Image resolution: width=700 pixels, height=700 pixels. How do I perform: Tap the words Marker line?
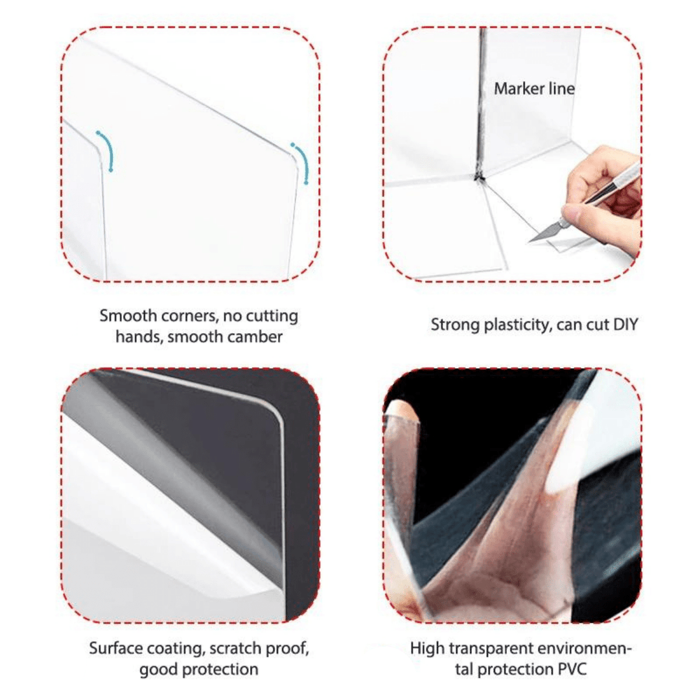point(534,88)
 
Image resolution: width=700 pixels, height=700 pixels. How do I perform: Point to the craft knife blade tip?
point(530,242)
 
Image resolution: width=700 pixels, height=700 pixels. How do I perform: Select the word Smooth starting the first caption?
point(128,316)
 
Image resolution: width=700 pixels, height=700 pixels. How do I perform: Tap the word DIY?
point(625,325)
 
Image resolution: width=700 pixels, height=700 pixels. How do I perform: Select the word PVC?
point(572,669)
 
